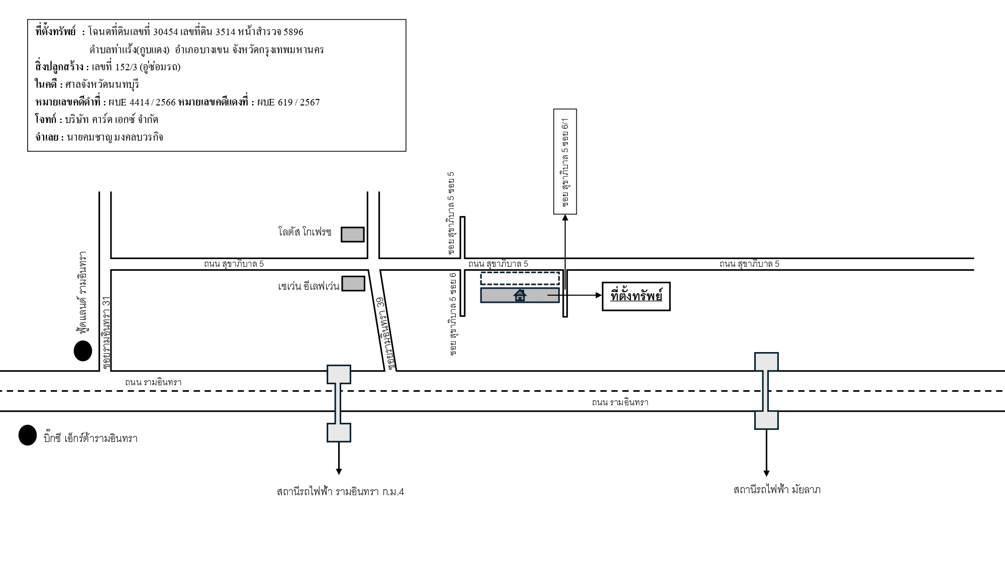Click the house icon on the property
[520, 295]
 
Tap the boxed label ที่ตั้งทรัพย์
[636, 296]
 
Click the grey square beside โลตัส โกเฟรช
[353, 235]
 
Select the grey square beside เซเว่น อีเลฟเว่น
[353, 283]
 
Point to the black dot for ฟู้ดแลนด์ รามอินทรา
[83, 351]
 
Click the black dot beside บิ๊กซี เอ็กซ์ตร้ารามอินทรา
[28, 435]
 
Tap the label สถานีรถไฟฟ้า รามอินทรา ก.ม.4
[340, 492]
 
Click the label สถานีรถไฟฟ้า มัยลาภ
[777, 490]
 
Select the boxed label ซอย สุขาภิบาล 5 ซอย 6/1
[565, 162]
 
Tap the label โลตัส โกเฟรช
[305, 232]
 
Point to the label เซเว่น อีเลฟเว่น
[309, 286]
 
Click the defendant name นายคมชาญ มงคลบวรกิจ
[115, 137]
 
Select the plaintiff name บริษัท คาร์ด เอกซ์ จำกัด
[112, 120]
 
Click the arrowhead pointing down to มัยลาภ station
[766, 473]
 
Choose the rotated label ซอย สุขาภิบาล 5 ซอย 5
[451, 213]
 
